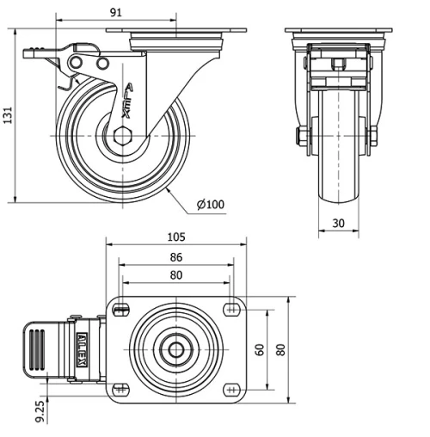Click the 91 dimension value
(x=116, y=11)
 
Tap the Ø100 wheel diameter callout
(x=211, y=204)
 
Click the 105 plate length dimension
(x=177, y=237)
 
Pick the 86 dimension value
(x=175, y=256)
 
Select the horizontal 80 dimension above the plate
(x=175, y=275)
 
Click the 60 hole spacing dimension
(x=259, y=349)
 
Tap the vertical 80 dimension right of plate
(x=280, y=349)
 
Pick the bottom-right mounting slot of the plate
(x=230, y=390)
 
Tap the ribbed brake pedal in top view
(x=38, y=350)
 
